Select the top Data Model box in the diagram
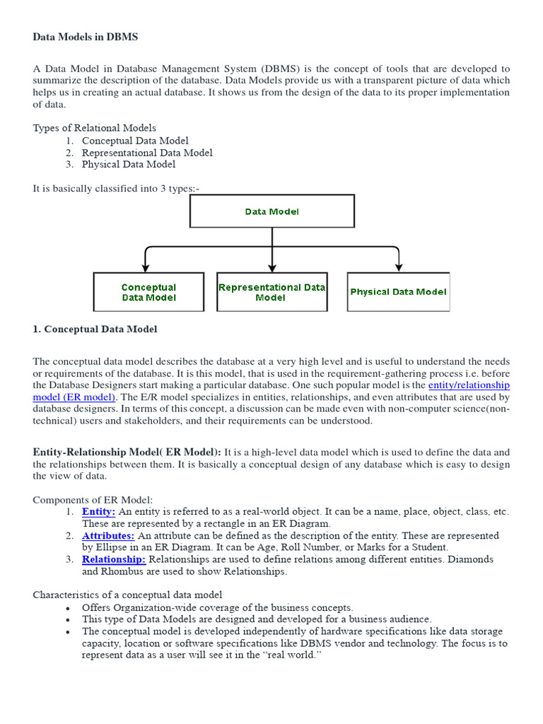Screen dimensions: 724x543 pyautogui.click(x=271, y=211)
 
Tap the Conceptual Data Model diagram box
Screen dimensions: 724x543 pyautogui.click(x=148, y=292)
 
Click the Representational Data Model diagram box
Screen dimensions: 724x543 pyautogui.click(x=271, y=292)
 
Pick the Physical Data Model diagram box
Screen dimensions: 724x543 pyautogui.click(x=398, y=292)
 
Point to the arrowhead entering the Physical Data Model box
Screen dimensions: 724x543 pyautogui.click(x=399, y=267)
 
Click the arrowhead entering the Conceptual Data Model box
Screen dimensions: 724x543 pyautogui.click(x=145, y=267)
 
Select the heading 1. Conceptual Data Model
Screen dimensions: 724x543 pyautogui.click(x=95, y=329)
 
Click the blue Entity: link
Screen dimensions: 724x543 pyautogui.click(x=98, y=511)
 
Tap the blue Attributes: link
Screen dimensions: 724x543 pyautogui.click(x=108, y=535)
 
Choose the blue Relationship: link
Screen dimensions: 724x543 pyautogui.click(x=113, y=559)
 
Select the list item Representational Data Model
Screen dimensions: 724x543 pyautogui.click(x=147, y=153)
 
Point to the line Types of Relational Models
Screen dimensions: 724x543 pyautogui.click(x=95, y=128)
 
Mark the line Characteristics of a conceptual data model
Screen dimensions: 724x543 pyautogui.click(x=127, y=595)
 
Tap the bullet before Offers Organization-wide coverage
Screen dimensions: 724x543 pyautogui.click(x=67, y=608)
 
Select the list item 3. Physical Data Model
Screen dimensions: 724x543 pyautogui.click(x=129, y=165)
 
